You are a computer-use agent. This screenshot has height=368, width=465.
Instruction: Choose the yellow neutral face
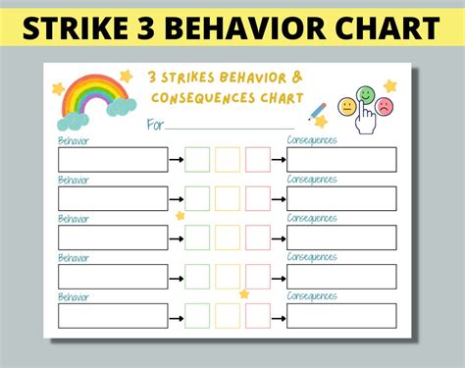pyautogui.click(x=346, y=105)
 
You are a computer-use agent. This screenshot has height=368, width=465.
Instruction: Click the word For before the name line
pyautogui.click(x=155, y=125)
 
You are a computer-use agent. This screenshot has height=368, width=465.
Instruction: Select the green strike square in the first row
pyautogui.click(x=197, y=159)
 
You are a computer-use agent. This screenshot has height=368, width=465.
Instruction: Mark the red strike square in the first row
pyautogui.click(x=258, y=159)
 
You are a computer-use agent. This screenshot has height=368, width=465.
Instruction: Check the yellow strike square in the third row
pyautogui.click(x=228, y=237)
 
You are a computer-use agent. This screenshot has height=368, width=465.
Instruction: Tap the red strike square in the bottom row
pyautogui.click(x=258, y=315)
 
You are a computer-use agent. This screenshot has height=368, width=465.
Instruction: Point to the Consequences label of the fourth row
pyautogui.click(x=312, y=257)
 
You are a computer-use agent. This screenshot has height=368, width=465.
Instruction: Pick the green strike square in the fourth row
pyautogui.click(x=197, y=276)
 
